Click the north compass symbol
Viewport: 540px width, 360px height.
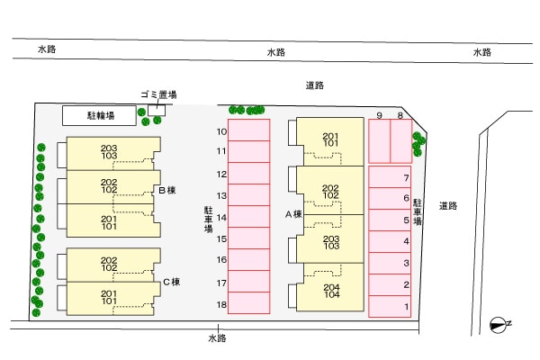pyautogui.click(x=499, y=325)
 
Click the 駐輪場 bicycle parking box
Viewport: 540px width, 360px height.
pyautogui.click(x=99, y=115)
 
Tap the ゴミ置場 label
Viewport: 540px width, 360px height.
pyautogui.click(x=158, y=94)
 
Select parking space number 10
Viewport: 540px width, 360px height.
pyautogui.click(x=249, y=130)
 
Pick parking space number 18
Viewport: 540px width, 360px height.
pyautogui.click(x=249, y=302)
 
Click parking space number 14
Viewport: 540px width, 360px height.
pyautogui.click(x=249, y=216)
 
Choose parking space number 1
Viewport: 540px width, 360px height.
pyautogui.click(x=390, y=306)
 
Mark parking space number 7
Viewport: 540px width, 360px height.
pyautogui.click(x=390, y=177)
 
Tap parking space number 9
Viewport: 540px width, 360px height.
pyautogui.click(x=380, y=141)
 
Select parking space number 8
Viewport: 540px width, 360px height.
pyautogui.click(x=401, y=141)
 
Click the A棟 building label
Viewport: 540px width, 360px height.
pyautogui.click(x=293, y=214)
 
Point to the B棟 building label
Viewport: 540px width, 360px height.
pyautogui.click(x=167, y=190)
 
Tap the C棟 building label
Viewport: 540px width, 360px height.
pyautogui.click(x=172, y=282)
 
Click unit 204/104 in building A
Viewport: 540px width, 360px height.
pyautogui.click(x=330, y=287)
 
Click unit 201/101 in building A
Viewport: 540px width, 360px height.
pyautogui.click(x=330, y=141)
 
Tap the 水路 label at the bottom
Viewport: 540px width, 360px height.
pyautogui.click(x=217, y=338)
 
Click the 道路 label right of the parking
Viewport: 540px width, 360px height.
pyautogui.click(x=448, y=206)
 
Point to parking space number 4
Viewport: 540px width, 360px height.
pyautogui.click(x=390, y=241)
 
